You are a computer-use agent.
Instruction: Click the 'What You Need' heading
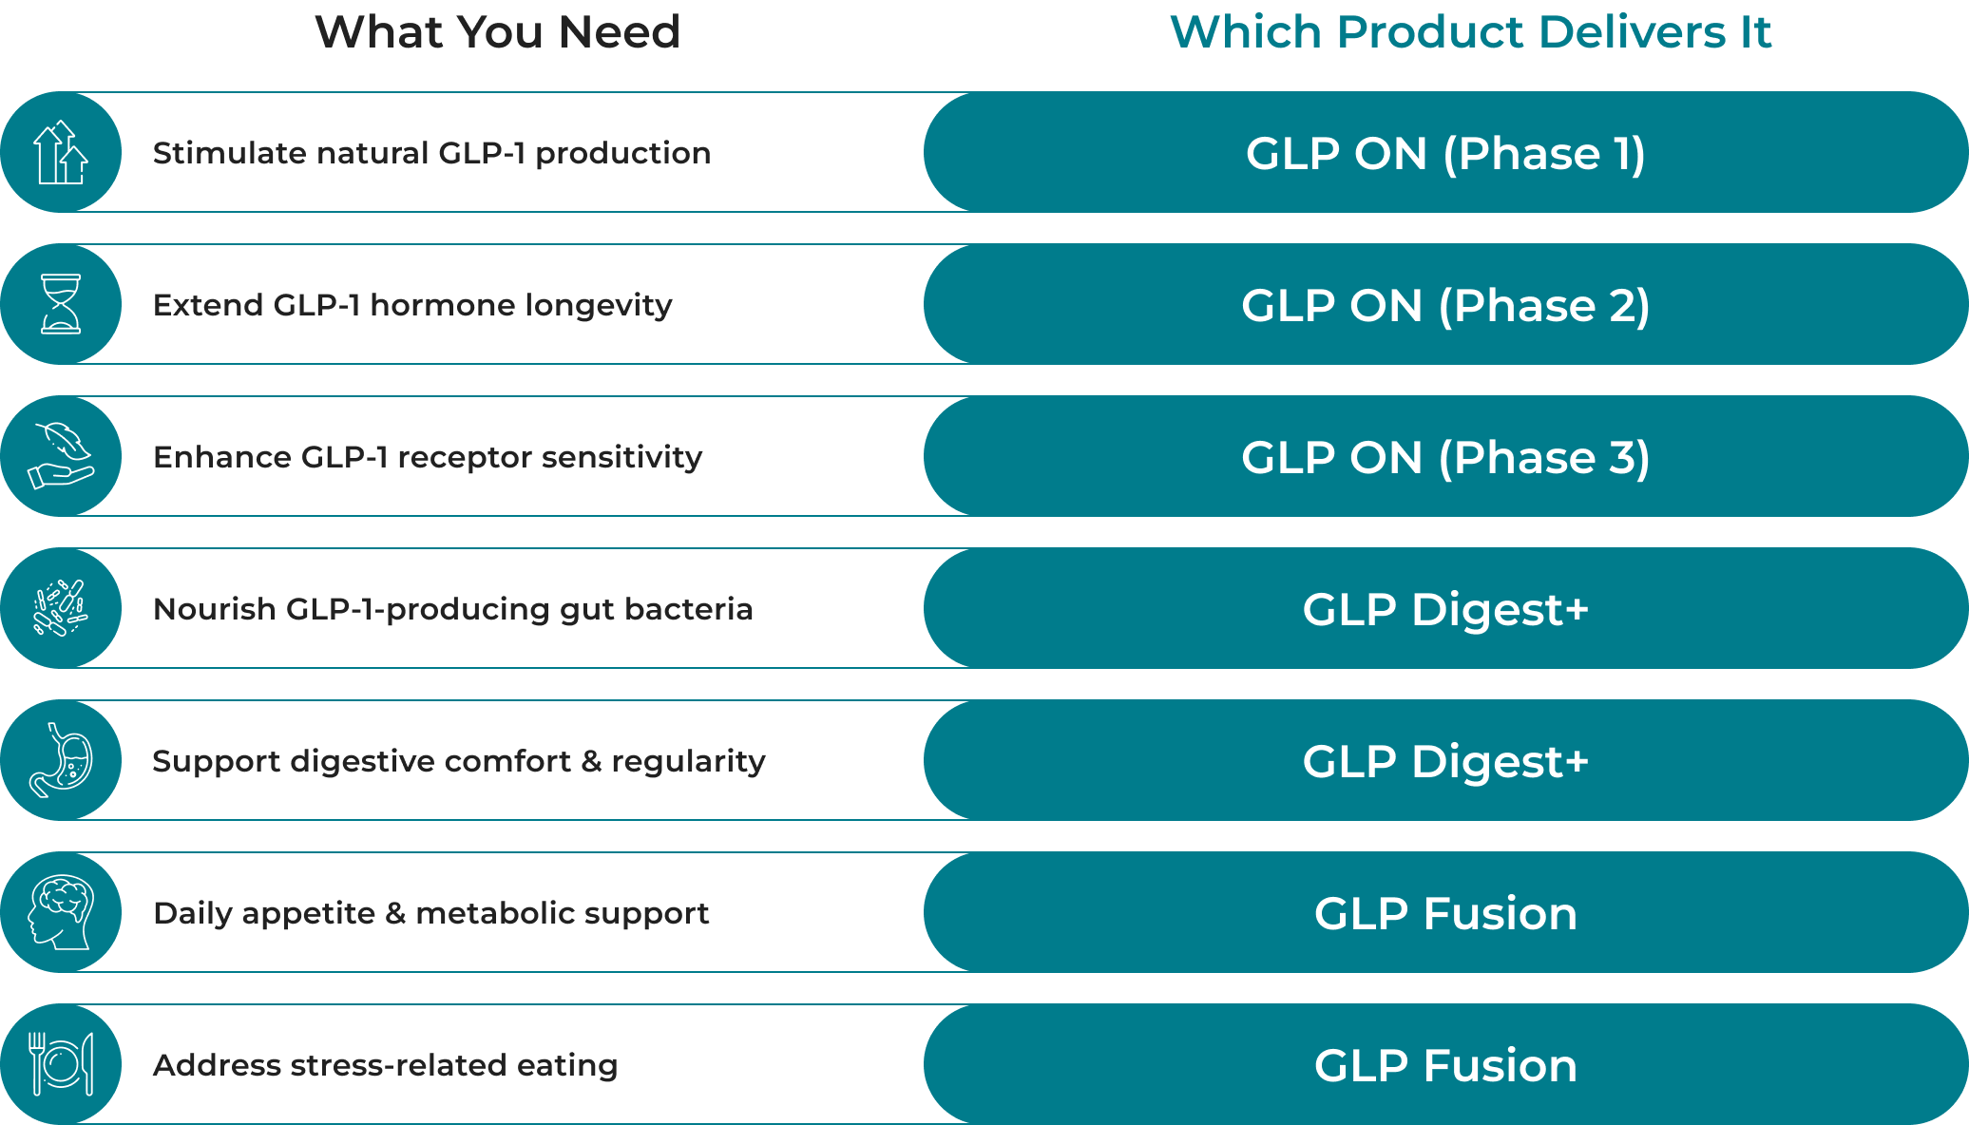497,32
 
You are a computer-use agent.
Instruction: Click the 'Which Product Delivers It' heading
1470,32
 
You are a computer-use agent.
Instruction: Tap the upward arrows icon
61,152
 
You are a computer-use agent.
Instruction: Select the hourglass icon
61,304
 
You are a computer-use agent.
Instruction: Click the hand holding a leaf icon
61,456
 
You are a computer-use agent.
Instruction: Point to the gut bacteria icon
61,608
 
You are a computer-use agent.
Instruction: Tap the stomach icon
61,760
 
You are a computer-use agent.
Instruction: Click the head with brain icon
61,912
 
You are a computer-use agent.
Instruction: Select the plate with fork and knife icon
61,1064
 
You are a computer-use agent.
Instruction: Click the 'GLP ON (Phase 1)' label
1445,153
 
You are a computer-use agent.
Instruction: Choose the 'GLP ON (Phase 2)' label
1445,305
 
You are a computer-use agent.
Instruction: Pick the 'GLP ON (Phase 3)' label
1445,457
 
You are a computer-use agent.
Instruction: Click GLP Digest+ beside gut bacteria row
1445,609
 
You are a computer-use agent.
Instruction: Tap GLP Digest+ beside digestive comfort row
1445,761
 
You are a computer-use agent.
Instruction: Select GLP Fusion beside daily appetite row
1445,913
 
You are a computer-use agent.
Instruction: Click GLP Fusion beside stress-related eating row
1445,1065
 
